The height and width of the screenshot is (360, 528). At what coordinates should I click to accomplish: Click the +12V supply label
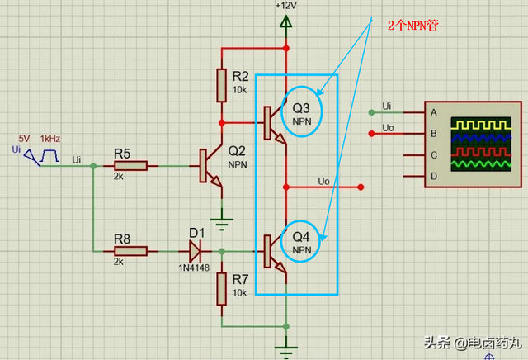point(285,6)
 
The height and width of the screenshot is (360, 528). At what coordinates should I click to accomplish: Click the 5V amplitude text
point(25,138)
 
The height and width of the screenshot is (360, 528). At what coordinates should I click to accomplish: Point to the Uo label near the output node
point(324,181)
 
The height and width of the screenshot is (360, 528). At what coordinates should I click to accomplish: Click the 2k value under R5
point(119,177)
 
